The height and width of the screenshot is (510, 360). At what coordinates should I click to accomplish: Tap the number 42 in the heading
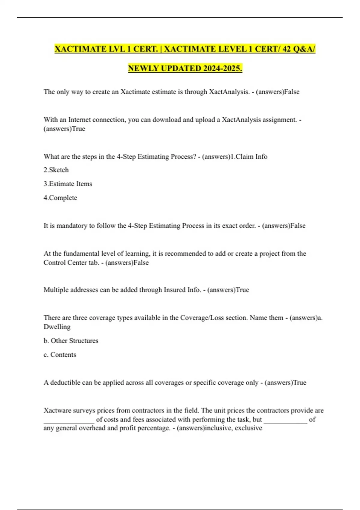(286, 49)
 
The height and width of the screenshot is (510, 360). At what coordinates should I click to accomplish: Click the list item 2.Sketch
(56, 170)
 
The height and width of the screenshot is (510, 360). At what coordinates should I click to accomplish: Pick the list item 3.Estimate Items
(68, 184)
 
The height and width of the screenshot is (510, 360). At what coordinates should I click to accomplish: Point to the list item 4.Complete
(60, 198)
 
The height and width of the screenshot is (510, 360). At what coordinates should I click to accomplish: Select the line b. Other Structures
(71, 340)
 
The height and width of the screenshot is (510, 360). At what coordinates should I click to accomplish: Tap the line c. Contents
(60, 355)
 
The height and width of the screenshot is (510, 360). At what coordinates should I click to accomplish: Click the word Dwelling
(57, 327)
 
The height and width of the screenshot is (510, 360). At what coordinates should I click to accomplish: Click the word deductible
(65, 382)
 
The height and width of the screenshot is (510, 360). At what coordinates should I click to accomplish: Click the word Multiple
(56, 290)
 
